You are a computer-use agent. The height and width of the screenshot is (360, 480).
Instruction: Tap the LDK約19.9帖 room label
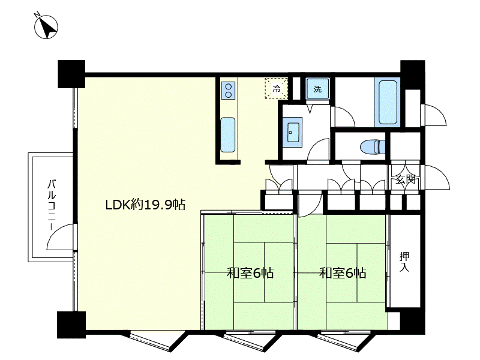pyautogui.click(x=145, y=205)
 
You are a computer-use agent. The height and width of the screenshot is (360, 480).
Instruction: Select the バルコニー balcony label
pyautogui.click(x=52, y=205)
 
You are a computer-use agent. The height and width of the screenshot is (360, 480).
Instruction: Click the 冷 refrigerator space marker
pyautogui.click(x=277, y=89)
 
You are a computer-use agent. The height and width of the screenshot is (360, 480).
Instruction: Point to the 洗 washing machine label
pyautogui.click(x=318, y=89)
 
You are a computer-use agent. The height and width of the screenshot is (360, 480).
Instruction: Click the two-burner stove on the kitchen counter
pyautogui.click(x=228, y=91)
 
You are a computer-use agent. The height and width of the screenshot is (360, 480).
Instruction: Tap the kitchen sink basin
pyautogui.click(x=228, y=135)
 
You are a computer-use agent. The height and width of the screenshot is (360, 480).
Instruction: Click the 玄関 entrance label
pyautogui.click(x=406, y=179)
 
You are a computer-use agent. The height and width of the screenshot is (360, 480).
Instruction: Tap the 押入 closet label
pyautogui.click(x=404, y=262)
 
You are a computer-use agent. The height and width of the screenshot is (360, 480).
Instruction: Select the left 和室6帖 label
pyautogui.click(x=250, y=272)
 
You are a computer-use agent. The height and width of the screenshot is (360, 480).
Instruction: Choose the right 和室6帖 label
pyautogui.click(x=343, y=272)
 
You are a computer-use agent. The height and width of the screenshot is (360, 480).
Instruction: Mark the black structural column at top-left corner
pyautogui.click(x=71, y=74)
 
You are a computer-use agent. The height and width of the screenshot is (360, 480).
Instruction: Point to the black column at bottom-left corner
pyautogui.click(x=71, y=325)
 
